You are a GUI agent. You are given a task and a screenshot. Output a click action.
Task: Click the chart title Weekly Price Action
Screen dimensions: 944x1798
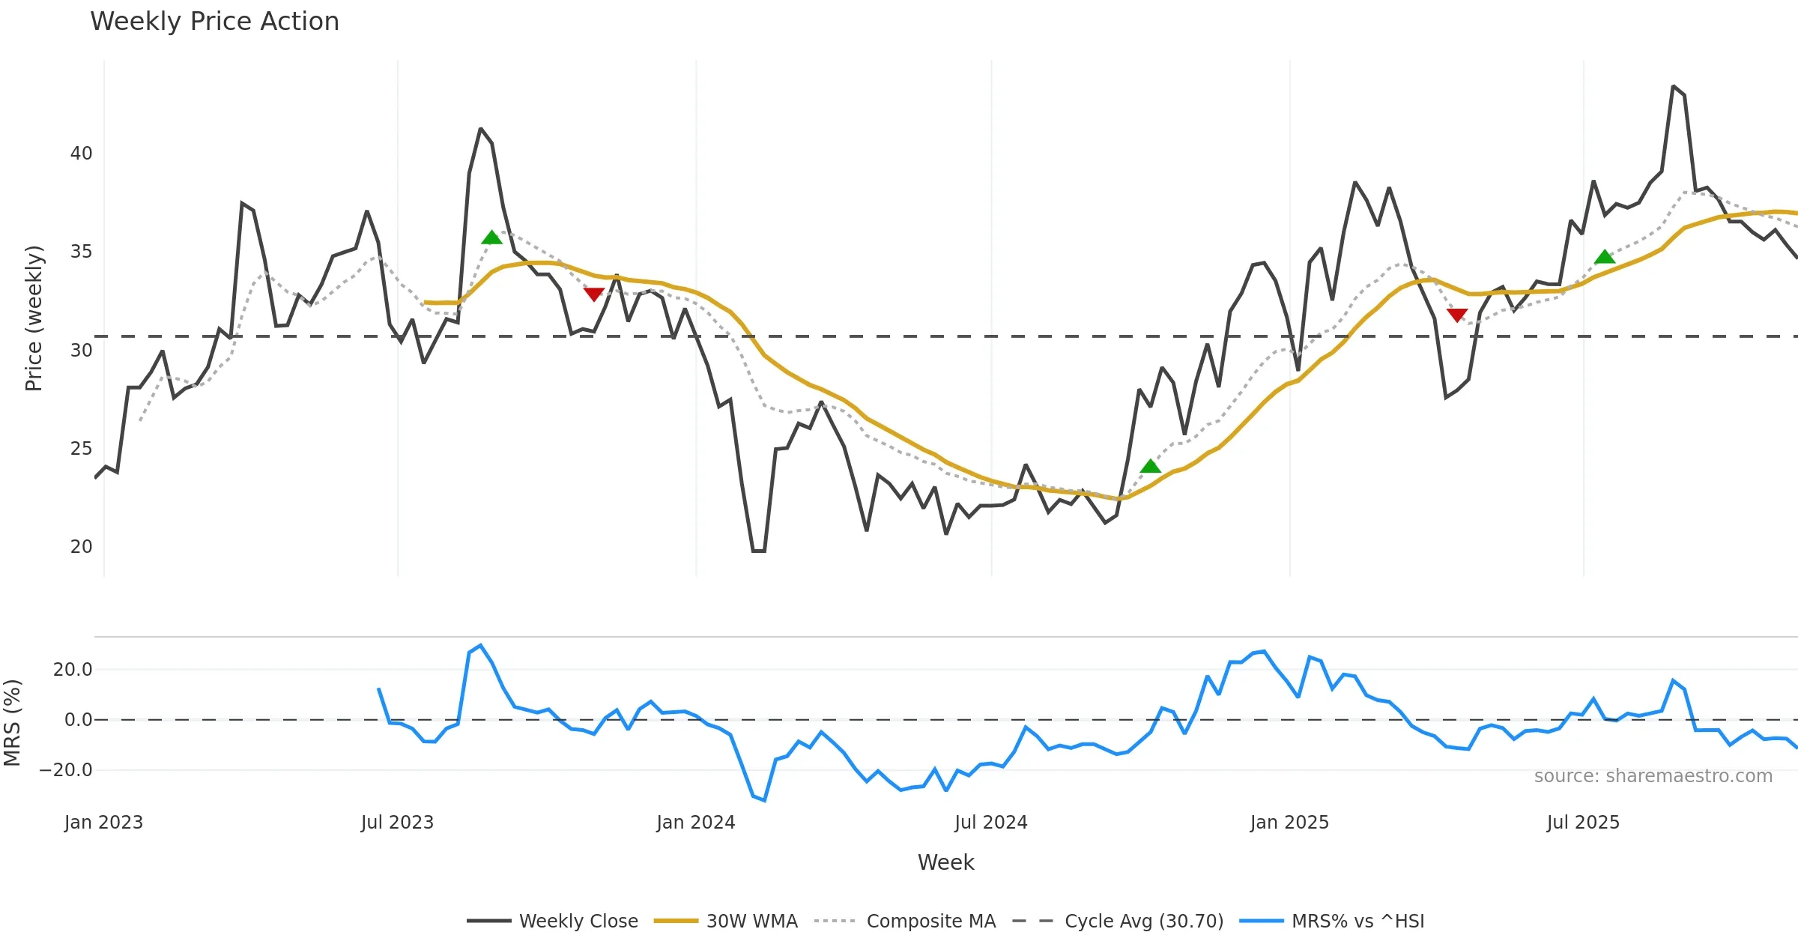tap(214, 22)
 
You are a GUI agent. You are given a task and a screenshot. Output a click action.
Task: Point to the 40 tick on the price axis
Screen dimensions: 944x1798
tap(81, 154)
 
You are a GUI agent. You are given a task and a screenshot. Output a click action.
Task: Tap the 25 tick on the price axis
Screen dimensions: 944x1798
tap(81, 449)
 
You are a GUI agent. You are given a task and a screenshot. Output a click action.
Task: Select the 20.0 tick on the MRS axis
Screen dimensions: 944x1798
tap(73, 670)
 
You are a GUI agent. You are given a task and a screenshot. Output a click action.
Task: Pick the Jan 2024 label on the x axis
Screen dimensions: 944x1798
tap(695, 823)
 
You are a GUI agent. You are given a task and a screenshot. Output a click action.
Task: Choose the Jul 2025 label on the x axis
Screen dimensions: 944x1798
tap(1582, 823)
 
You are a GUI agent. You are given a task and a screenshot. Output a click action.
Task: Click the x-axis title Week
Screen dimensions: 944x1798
tap(945, 863)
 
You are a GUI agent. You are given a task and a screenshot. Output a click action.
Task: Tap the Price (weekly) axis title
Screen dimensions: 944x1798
tap(34, 318)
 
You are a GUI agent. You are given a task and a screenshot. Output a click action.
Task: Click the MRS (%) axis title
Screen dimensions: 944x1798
tap(12, 723)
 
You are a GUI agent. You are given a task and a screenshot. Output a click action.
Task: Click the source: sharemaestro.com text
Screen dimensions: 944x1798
tap(1653, 776)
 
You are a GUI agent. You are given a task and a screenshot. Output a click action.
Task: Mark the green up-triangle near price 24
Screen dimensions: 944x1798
tap(1150, 467)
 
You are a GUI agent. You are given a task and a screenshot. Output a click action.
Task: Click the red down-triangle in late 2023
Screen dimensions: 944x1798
tap(594, 294)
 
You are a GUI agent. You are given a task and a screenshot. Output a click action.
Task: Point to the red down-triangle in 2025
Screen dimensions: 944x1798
tap(1457, 315)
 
